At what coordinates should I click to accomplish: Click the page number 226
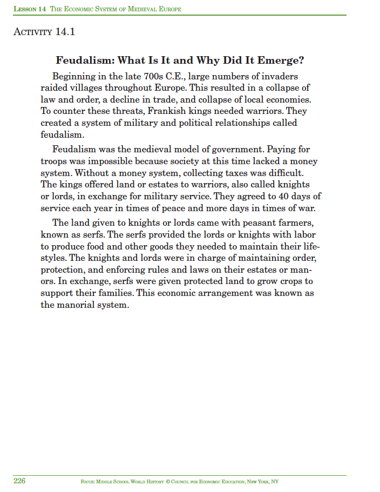(x=19, y=481)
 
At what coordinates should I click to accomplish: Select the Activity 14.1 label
(x=43, y=32)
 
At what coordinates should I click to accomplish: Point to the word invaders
(x=276, y=77)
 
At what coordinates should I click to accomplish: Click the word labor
(x=303, y=234)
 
